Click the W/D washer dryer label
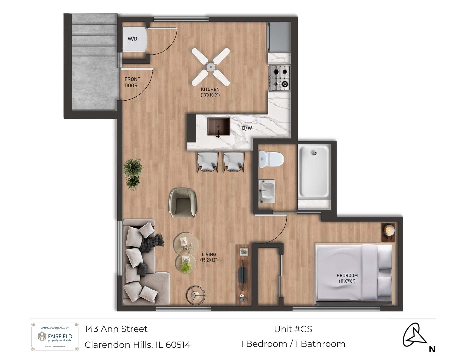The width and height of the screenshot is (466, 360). click(x=132, y=39)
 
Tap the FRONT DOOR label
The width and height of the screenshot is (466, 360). click(x=132, y=82)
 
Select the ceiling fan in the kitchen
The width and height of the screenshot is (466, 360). click(x=210, y=67)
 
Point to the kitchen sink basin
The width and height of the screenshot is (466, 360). click(x=218, y=126)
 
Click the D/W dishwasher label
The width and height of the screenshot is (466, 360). click(x=247, y=128)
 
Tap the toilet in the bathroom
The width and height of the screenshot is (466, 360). click(x=271, y=159)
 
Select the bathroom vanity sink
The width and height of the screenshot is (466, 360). click(x=267, y=191)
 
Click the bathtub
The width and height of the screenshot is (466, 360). click(x=314, y=174)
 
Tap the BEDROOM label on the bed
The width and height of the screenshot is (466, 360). click(x=347, y=278)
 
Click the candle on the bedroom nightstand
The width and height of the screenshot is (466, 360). click(x=389, y=230)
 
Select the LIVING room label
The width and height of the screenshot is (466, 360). click(x=209, y=257)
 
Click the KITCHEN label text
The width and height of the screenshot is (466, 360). click(x=210, y=92)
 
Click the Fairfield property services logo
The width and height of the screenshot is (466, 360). click(x=55, y=337)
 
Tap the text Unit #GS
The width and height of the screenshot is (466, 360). click(x=293, y=329)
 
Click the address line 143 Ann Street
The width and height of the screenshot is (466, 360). click(x=116, y=329)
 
